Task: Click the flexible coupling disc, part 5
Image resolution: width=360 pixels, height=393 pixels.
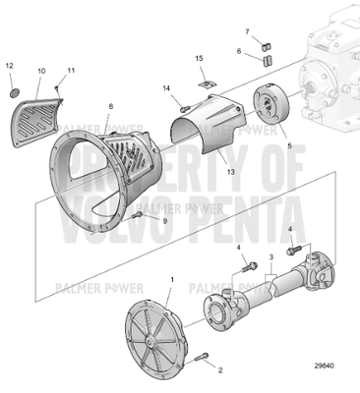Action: pos(269,107)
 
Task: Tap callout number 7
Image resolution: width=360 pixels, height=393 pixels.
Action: pos(247,32)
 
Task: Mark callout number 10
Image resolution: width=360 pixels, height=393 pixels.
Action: pos(41,72)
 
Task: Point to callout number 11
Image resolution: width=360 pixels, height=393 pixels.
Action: pos(70,72)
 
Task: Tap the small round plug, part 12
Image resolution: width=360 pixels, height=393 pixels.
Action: pos(12,92)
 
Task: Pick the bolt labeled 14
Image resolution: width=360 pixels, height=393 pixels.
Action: pos(184,105)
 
